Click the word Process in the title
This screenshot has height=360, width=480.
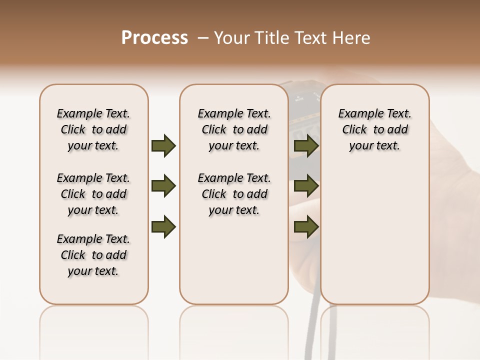click(154, 38)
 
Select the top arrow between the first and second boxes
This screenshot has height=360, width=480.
click(163, 145)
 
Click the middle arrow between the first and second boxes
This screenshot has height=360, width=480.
click(163, 186)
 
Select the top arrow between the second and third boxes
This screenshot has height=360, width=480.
click(306, 145)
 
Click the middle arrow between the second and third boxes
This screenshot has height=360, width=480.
click(306, 186)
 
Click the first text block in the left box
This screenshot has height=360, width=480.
click(93, 129)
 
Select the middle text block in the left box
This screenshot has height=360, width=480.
click(93, 194)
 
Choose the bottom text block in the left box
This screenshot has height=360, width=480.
click(93, 255)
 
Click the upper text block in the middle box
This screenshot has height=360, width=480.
click(234, 129)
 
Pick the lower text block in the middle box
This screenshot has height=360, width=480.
click(234, 194)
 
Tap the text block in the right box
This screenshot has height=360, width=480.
click(375, 129)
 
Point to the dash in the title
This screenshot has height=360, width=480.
click(203, 38)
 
